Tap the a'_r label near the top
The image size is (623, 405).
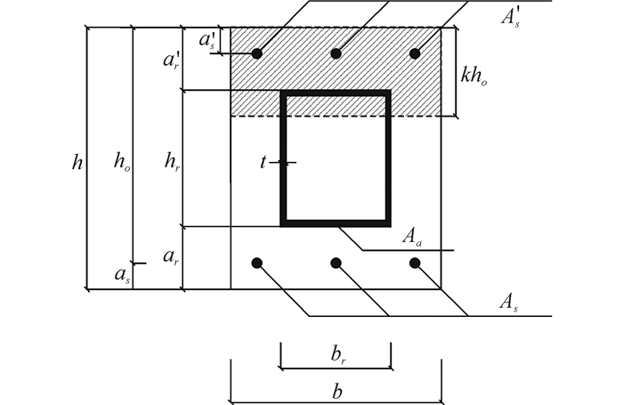[x=172, y=60]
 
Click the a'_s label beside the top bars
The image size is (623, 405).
[x=206, y=40]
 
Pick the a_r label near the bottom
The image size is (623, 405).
[x=172, y=256]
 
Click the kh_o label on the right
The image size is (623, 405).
[x=475, y=75]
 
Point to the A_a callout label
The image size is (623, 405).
[x=410, y=236]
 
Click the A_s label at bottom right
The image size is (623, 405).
[x=509, y=304]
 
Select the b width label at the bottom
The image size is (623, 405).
[x=336, y=390]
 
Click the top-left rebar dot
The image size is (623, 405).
[x=256, y=53]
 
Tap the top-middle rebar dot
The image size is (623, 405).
[x=336, y=53]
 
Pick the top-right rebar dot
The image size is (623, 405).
[x=415, y=53]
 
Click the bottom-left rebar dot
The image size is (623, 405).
[x=256, y=263]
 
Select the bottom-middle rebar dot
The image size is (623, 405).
[x=336, y=263]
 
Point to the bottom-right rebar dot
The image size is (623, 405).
[x=415, y=263]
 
